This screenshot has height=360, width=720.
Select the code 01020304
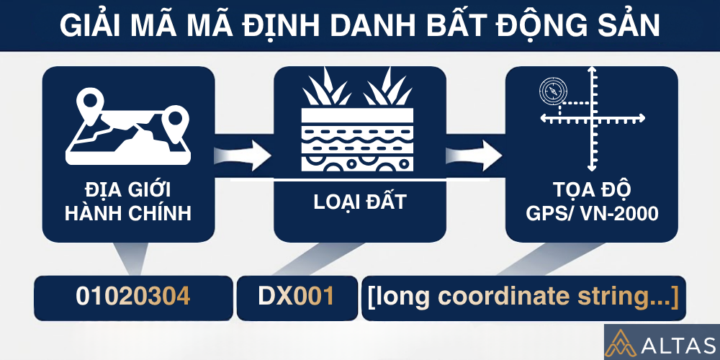133,297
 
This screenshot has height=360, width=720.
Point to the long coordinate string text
523,297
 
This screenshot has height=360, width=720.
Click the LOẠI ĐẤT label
360,202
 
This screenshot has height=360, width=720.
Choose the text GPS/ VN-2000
592,214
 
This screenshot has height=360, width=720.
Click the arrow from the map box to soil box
244,153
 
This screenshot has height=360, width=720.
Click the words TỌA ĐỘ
592,191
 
